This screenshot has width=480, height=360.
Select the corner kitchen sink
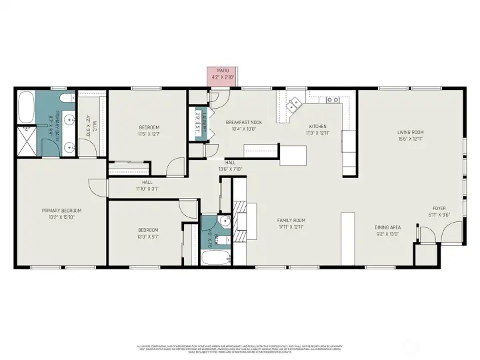pyautogui.click(x=294, y=105)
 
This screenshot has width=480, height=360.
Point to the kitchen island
pyautogui.click(x=293, y=155)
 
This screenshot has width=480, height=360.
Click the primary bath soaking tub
pyautogui.click(x=27, y=105)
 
